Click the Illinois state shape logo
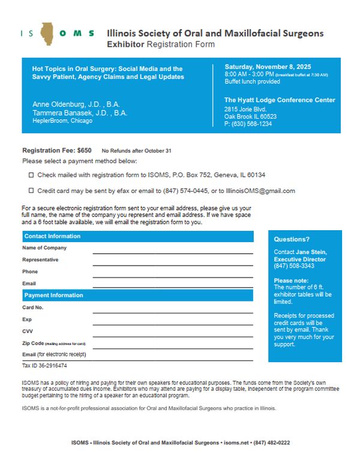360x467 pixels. point(47,34)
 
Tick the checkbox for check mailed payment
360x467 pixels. point(31,175)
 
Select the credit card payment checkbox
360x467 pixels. point(31,191)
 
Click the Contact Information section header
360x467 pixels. point(52,236)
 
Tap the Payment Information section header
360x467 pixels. point(53,295)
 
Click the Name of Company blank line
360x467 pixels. point(172,252)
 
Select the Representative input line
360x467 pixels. point(172,264)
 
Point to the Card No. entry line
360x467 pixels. point(172,312)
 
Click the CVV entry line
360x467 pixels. point(172,336)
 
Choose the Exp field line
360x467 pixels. point(172,324)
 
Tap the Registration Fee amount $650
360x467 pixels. point(85,150)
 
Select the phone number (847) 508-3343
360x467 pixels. point(294,266)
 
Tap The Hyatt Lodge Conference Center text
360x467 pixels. point(280,100)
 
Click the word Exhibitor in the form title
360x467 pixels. point(126,44)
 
